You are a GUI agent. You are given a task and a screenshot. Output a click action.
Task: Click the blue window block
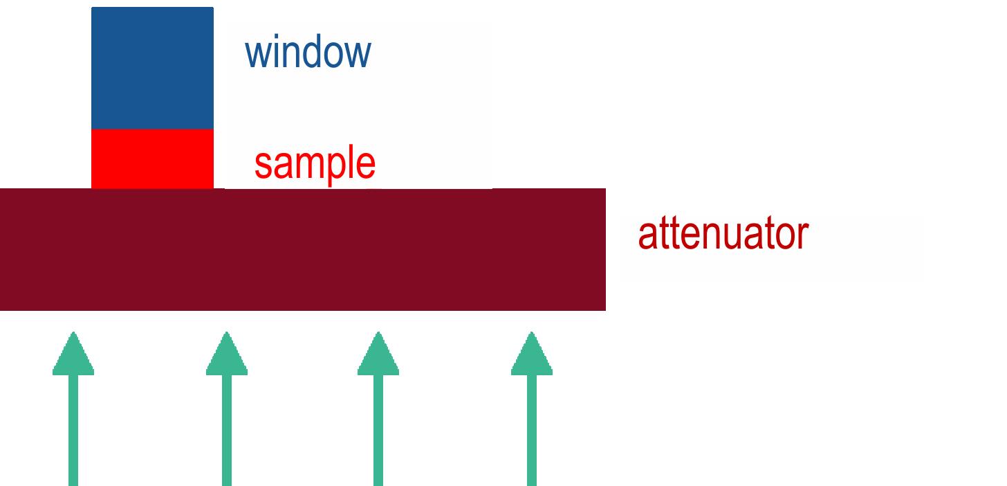[152, 68]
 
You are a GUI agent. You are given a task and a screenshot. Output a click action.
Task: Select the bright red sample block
[152, 159]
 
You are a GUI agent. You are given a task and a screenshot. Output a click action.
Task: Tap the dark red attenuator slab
[303, 249]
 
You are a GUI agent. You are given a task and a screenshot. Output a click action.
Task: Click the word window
[308, 51]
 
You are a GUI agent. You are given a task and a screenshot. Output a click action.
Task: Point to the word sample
[315, 164]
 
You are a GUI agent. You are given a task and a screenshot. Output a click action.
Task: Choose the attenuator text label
[723, 233]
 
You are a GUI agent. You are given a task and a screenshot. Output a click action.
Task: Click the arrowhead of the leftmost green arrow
[73, 354]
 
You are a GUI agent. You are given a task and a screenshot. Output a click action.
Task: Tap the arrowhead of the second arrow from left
[227, 354]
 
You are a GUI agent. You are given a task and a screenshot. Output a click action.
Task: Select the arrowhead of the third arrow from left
[378, 354]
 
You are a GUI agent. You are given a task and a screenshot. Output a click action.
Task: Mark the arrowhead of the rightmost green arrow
[532, 354]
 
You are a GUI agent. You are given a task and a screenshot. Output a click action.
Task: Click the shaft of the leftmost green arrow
[73, 430]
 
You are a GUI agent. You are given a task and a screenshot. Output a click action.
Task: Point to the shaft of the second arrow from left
[227, 430]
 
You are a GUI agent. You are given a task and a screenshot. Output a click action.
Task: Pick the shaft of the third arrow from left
[378, 430]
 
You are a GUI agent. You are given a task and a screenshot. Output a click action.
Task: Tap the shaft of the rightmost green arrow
[532, 430]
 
